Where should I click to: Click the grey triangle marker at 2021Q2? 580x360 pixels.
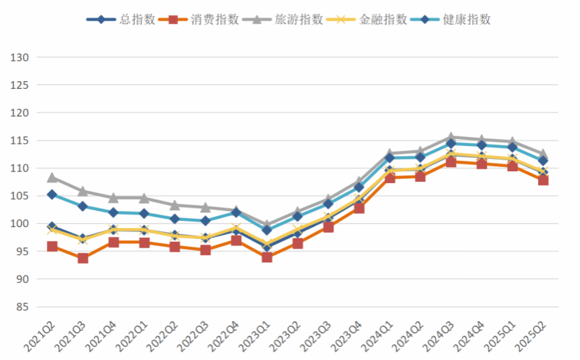[x=52, y=178]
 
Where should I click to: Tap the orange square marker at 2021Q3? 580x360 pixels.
[x=83, y=258]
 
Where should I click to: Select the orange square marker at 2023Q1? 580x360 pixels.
[x=266, y=257]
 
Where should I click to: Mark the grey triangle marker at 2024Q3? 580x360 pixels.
[x=451, y=138]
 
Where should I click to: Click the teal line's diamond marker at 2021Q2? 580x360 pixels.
[x=52, y=194]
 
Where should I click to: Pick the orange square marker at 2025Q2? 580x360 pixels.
[x=542, y=180]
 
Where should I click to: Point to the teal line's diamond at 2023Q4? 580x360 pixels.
[x=359, y=187]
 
